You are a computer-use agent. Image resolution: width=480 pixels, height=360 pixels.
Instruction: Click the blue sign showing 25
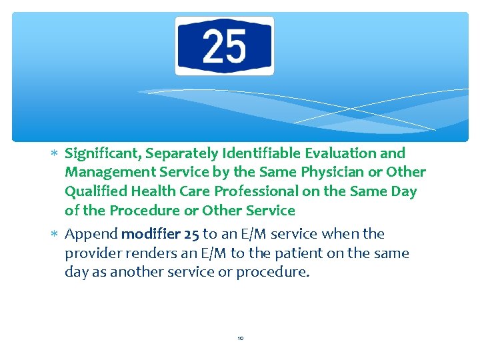(x=225, y=46)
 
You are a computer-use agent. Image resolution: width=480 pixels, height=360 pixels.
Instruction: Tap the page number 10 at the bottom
(x=240, y=339)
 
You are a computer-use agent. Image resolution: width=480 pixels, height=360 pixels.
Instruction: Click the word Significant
(x=103, y=153)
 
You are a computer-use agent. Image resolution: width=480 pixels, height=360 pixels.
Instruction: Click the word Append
(x=91, y=234)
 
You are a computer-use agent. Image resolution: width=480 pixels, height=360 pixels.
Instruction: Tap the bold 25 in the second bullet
(x=190, y=234)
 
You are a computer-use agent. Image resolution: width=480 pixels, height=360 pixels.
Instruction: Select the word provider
(x=92, y=253)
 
